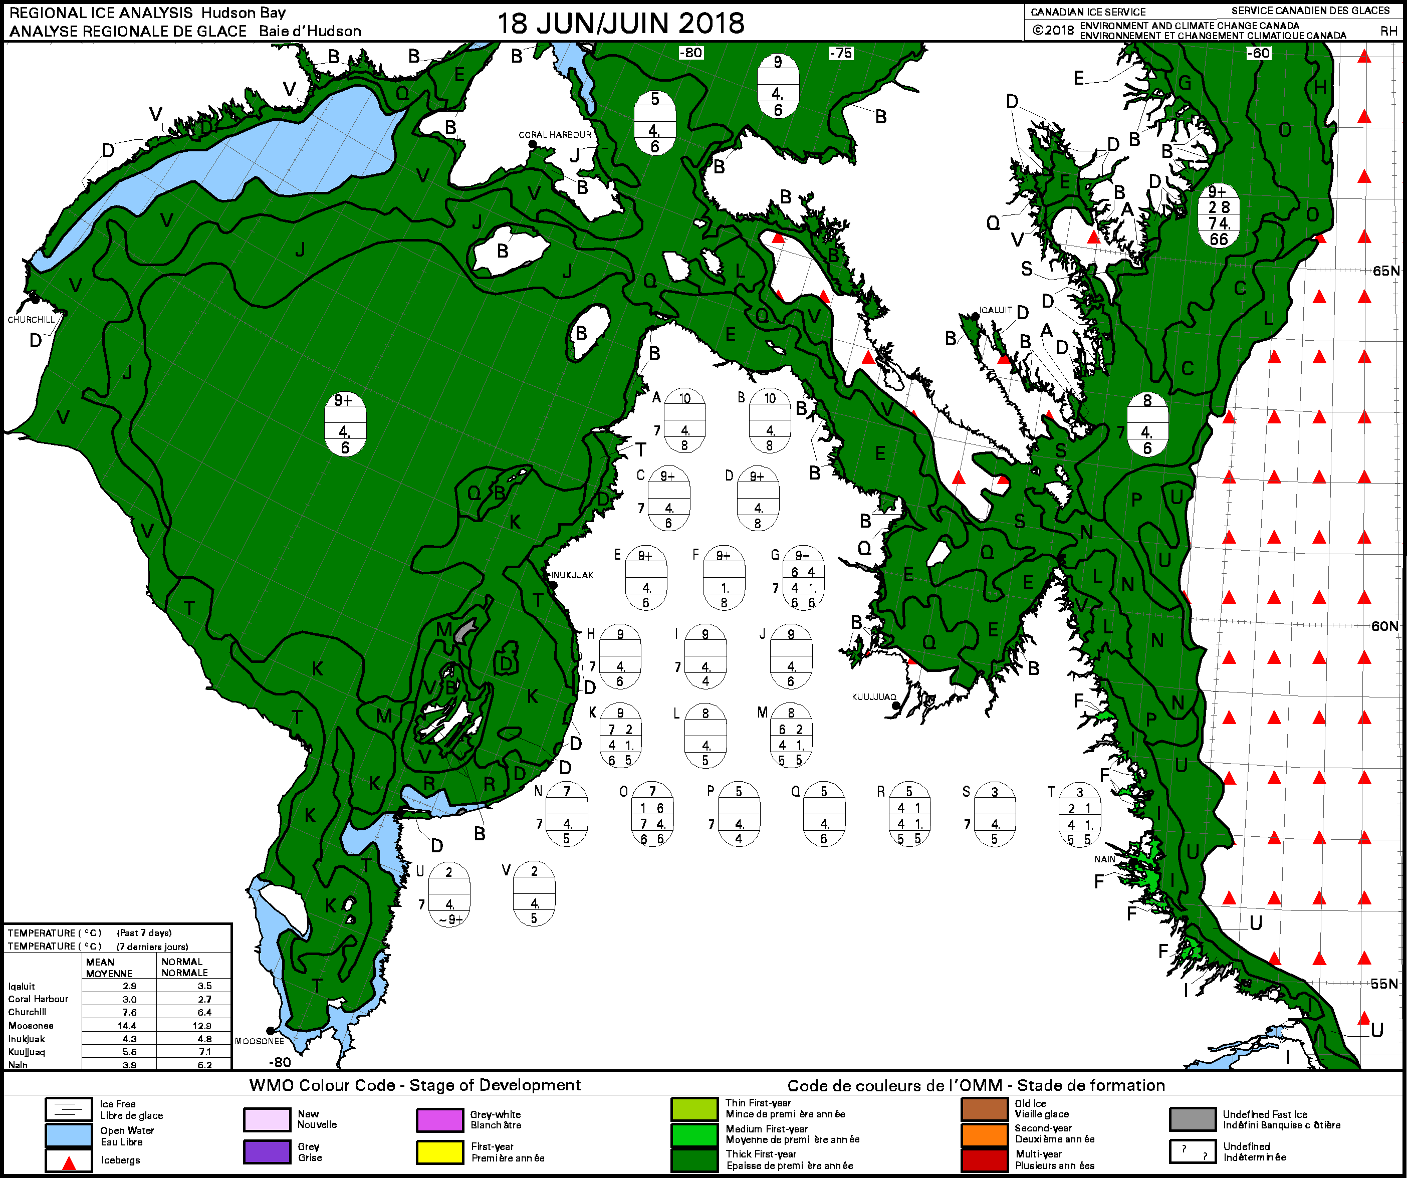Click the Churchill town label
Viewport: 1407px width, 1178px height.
31,320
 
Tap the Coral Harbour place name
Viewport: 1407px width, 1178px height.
555,135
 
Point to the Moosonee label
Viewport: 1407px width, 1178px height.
259,1041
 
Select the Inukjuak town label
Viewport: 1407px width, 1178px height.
572,575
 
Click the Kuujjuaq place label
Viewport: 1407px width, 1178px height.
874,697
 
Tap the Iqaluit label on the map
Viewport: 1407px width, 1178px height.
996,310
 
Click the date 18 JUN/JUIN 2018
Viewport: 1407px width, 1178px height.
620,24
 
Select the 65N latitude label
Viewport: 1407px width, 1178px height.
1385,271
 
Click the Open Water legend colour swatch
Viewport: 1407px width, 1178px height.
68,1135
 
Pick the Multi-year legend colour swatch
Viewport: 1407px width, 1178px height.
984,1160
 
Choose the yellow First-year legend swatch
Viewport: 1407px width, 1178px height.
439,1152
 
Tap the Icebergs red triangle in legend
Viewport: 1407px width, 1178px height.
68,1161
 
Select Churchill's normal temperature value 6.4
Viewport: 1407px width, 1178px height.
204,1012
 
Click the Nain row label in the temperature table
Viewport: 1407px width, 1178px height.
18,1065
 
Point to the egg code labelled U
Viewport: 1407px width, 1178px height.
449,894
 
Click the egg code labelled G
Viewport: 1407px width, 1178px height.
803,578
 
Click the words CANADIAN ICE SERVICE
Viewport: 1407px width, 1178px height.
1088,12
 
